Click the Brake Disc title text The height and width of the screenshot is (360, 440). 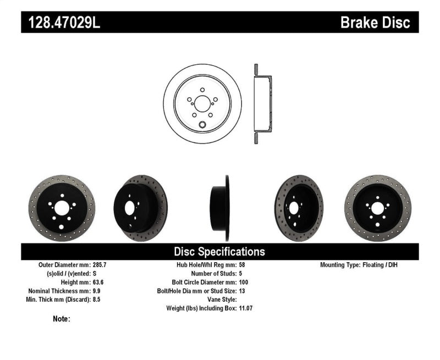coord(375,23)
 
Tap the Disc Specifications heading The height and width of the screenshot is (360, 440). coord(219,252)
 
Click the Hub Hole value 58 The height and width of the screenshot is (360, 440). coord(243,265)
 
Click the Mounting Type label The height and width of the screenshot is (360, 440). coord(344,265)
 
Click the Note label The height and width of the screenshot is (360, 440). coord(62,319)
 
